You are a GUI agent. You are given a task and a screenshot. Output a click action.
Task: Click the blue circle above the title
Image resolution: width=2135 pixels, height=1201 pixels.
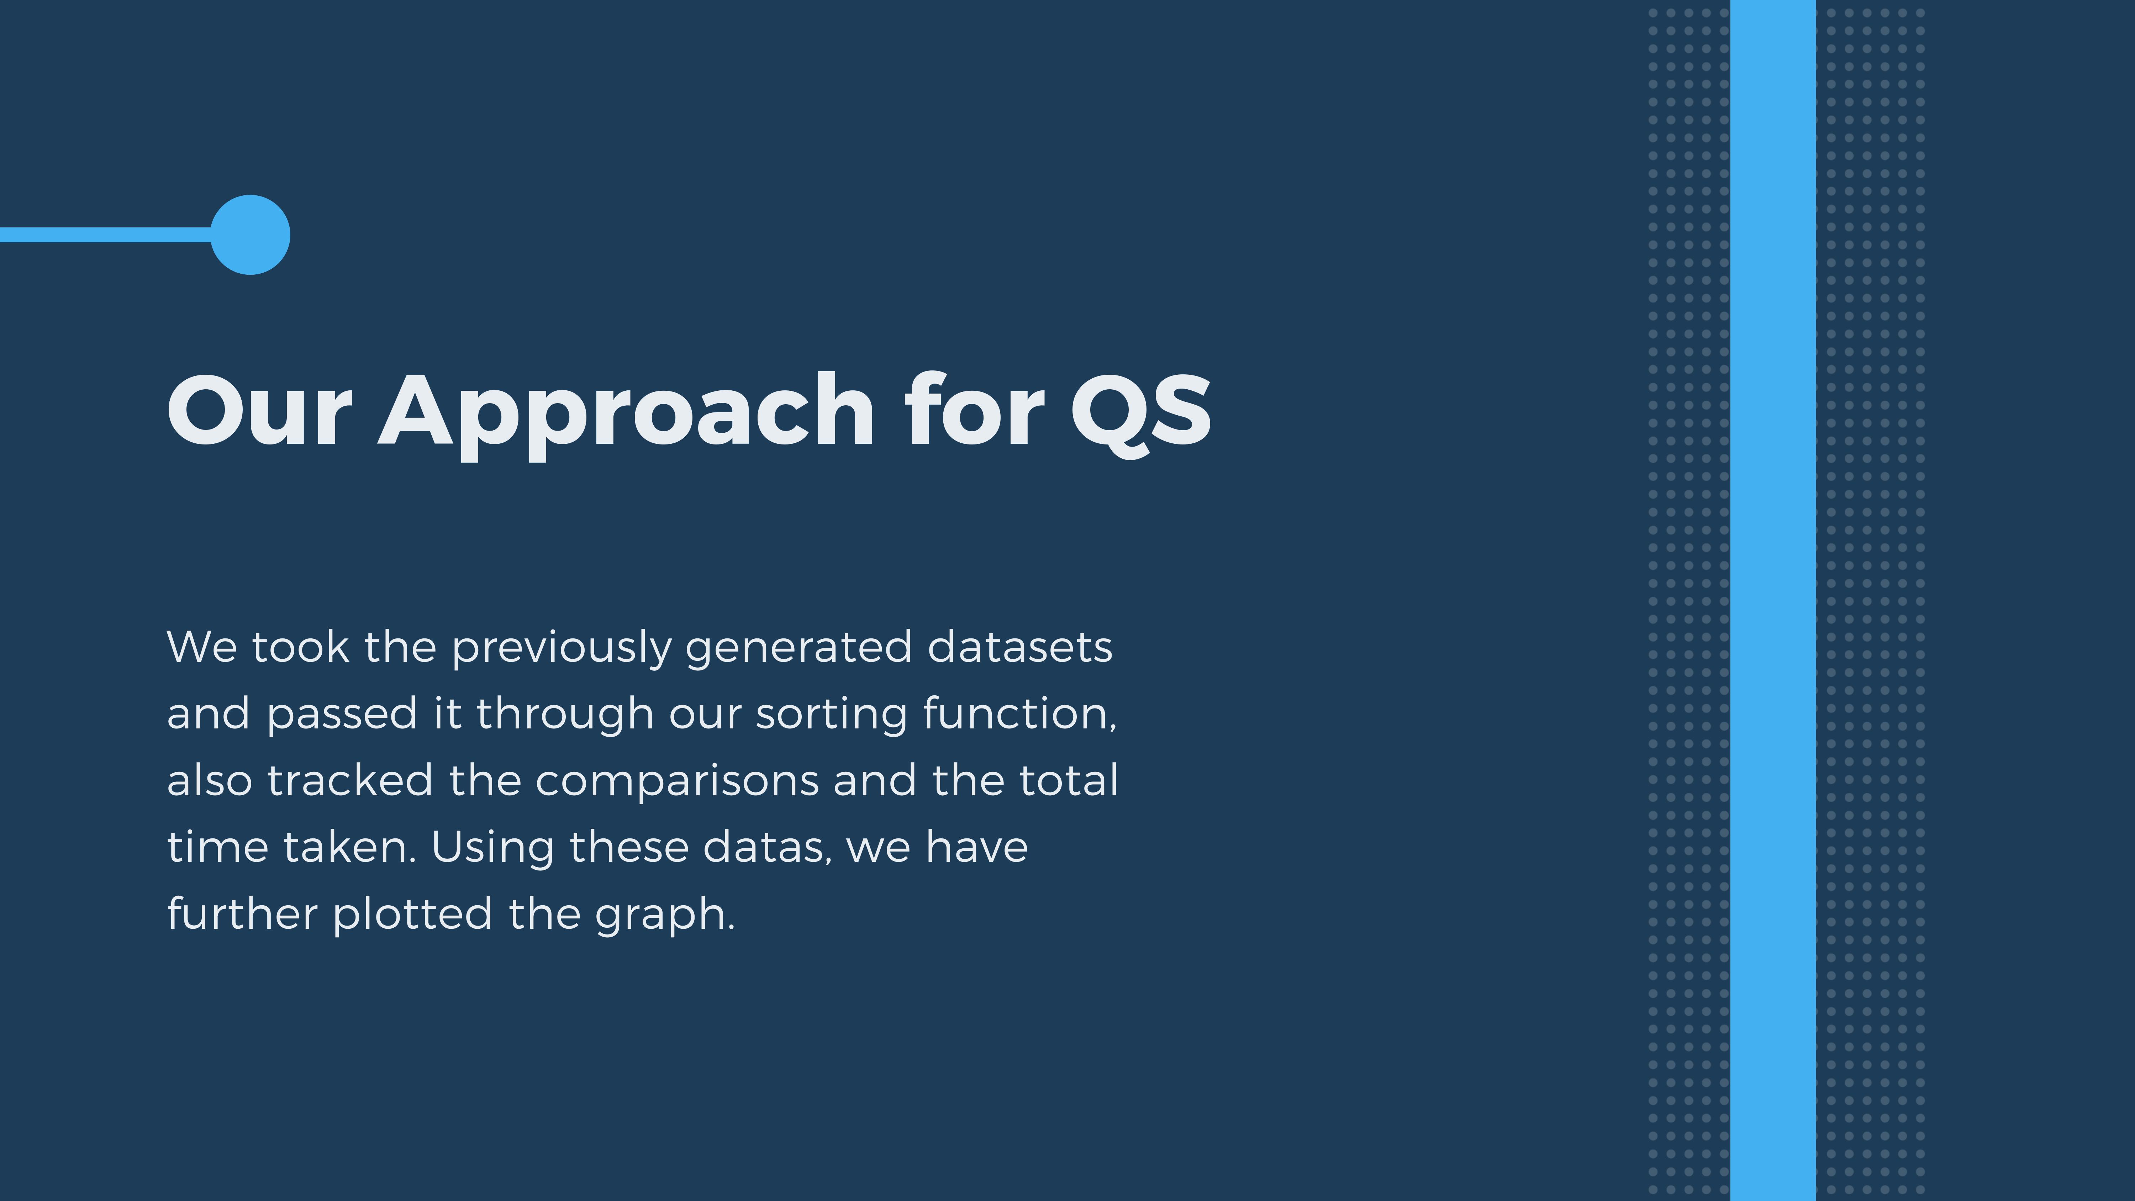250,235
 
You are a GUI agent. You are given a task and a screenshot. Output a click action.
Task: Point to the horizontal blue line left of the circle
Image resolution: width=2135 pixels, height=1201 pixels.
106,235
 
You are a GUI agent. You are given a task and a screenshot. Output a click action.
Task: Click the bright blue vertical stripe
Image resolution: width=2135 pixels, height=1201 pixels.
1773,600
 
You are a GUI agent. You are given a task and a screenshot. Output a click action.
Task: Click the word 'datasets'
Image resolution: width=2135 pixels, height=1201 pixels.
1019,647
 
